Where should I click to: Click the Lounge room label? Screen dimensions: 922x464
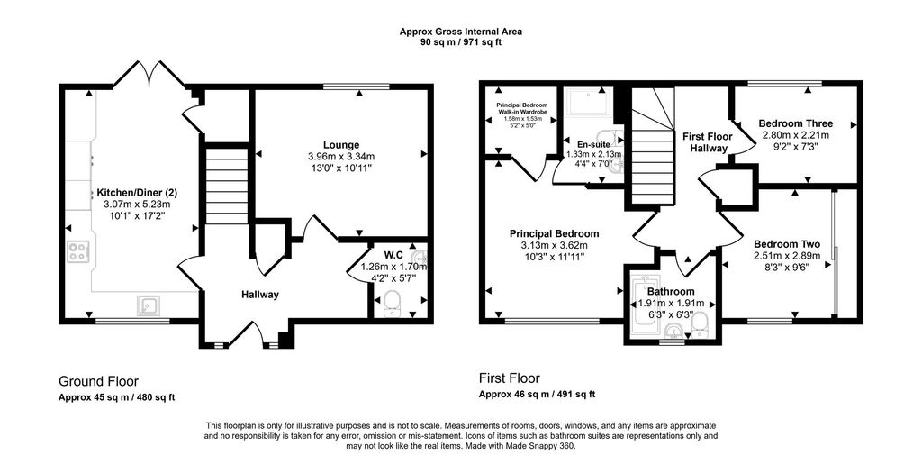[341, 145]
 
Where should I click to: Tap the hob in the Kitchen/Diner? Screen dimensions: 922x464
[78, 251]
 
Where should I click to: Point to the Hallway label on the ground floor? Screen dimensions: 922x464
[260, 295]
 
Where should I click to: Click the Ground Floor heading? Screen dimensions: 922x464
[99, 382]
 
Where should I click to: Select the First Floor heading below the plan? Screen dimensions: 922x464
[510, 378]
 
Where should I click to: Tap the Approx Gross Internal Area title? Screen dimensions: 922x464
[460, 32]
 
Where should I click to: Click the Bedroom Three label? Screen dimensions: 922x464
[796, 123]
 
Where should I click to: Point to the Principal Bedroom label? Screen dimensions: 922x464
[555, 233]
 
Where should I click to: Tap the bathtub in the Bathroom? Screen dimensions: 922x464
[639, 305]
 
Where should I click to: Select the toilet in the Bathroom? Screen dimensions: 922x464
[699, 326]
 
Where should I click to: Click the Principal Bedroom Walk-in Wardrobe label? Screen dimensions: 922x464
[522, 108]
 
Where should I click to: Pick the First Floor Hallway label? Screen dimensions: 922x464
[708, 142]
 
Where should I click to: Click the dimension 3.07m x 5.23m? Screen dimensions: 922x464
[137, 204]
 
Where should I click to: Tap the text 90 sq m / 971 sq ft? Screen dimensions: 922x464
[460, 41]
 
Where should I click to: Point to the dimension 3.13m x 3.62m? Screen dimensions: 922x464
[555, 245]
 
